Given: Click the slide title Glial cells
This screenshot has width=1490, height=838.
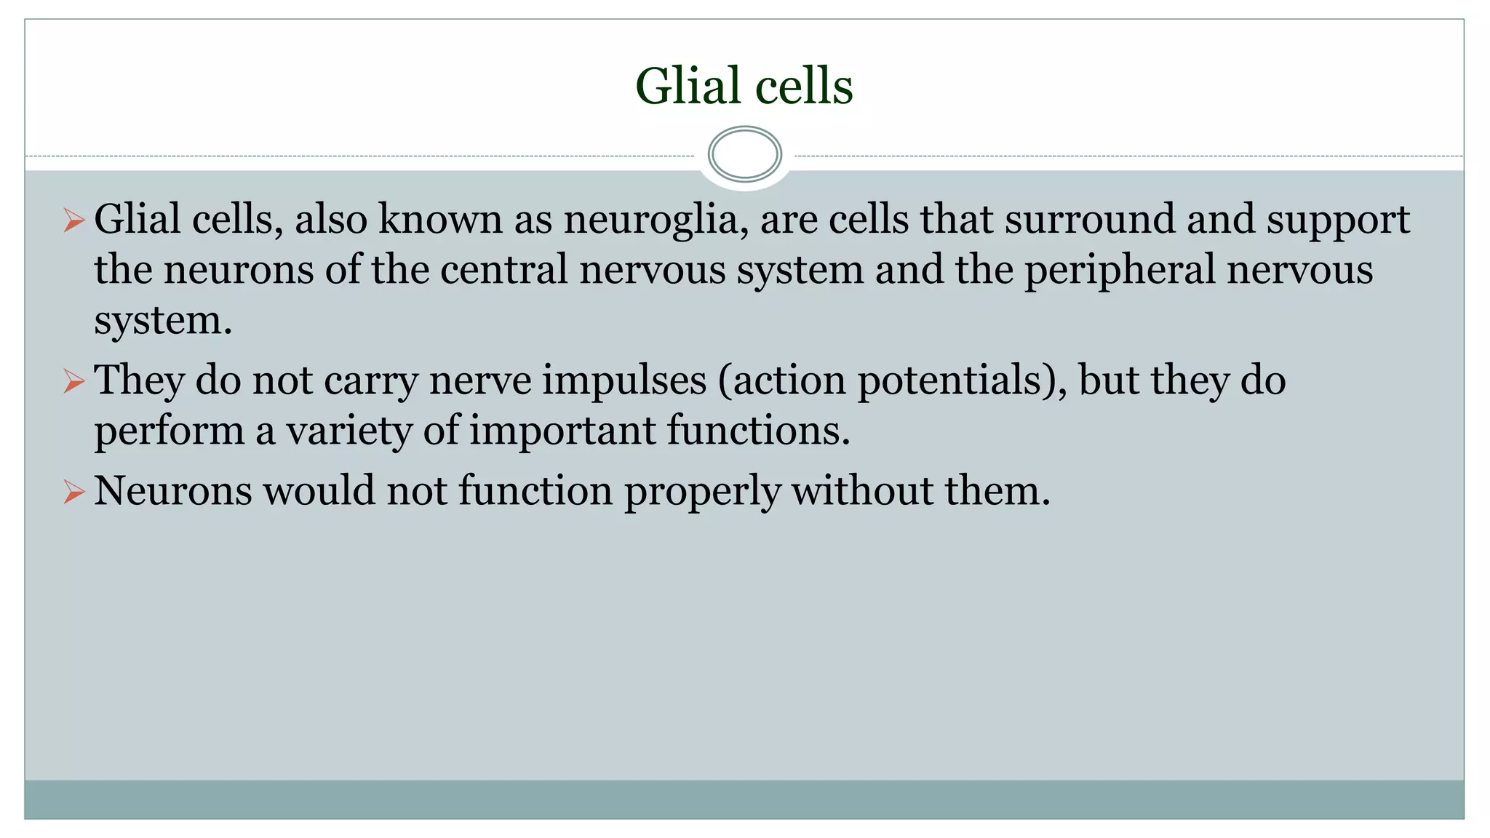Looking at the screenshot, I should pos(744,86).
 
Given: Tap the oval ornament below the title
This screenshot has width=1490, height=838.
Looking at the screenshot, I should pos(744,154).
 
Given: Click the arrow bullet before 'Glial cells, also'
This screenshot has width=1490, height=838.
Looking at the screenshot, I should pos(73,220).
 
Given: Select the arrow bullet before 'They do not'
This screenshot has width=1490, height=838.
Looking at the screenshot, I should pos(73,380).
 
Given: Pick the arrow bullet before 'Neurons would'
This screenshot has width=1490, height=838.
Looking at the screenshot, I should pos(73,491).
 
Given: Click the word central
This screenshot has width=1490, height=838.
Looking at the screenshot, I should pos(503,270).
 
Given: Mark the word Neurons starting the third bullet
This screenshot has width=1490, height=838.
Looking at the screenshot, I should pos(173,491).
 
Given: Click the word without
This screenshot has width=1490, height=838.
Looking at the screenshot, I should pos(863,491).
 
